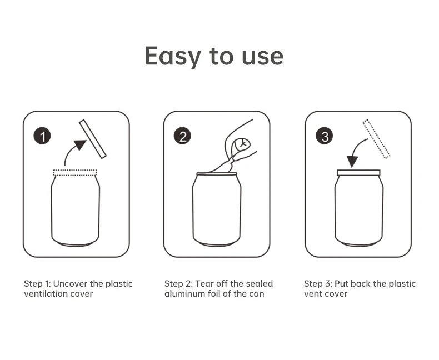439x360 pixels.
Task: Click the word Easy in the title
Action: [173, 56]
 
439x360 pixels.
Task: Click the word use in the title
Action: [263, 57]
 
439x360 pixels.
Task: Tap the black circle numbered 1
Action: [42, 136]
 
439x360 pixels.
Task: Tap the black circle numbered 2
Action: [182, 136]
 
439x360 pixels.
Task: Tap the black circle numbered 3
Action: [325, 136]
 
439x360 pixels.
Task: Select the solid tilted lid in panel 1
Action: [93, 139]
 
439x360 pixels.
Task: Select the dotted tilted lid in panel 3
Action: [377, 139]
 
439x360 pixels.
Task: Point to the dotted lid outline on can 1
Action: [75, 173]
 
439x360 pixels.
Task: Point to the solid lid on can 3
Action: [358, 173]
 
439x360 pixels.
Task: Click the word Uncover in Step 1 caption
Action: [70, 283]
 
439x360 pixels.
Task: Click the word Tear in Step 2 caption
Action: [204, 283]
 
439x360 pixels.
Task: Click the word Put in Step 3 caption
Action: [341, 283]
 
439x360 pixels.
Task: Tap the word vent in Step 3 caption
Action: [312, 294]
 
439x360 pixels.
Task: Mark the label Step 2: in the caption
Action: [178, 284]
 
